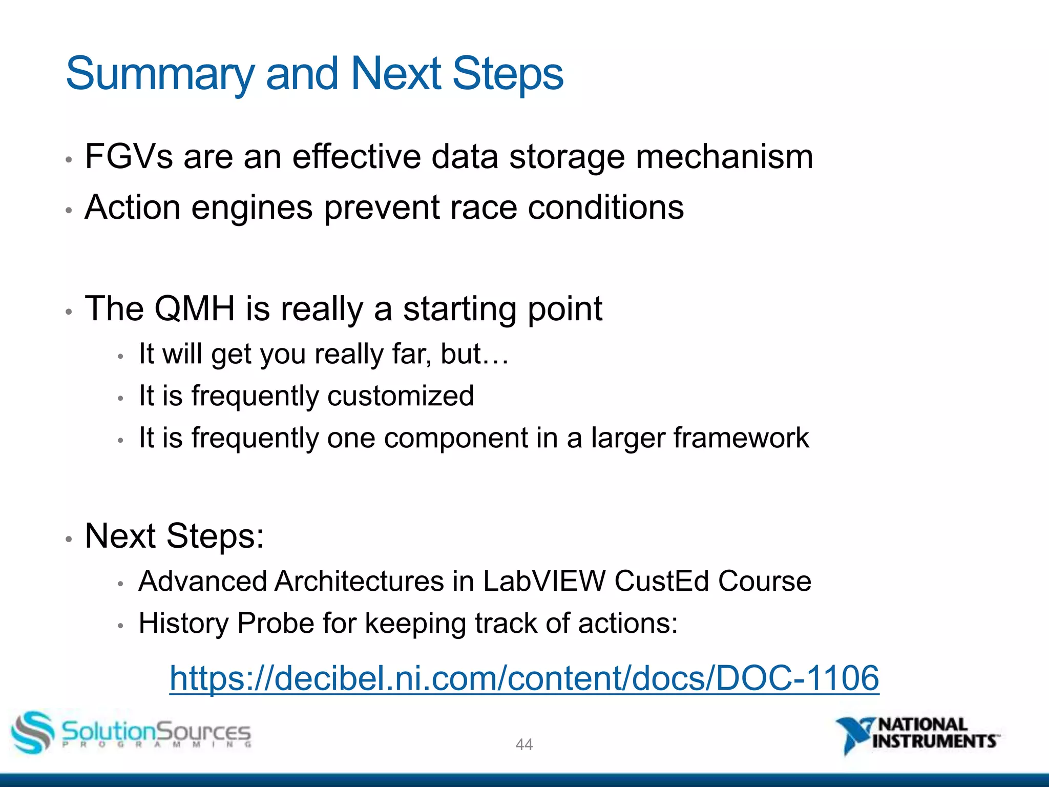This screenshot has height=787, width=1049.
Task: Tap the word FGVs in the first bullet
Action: pyautogui.click(x=129, y=156)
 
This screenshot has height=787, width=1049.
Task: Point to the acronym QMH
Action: pyautogui.click(x=195, y=308)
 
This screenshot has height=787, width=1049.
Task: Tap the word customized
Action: pyautogui.click(x=401, y=396)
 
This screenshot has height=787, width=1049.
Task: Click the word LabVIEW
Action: pyautogui.click(x=544, y=582)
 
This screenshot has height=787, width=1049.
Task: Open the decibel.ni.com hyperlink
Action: pyautogui.click(x=524, y=678)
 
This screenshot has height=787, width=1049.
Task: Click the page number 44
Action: pyautogui.click(x=524, y=744)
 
